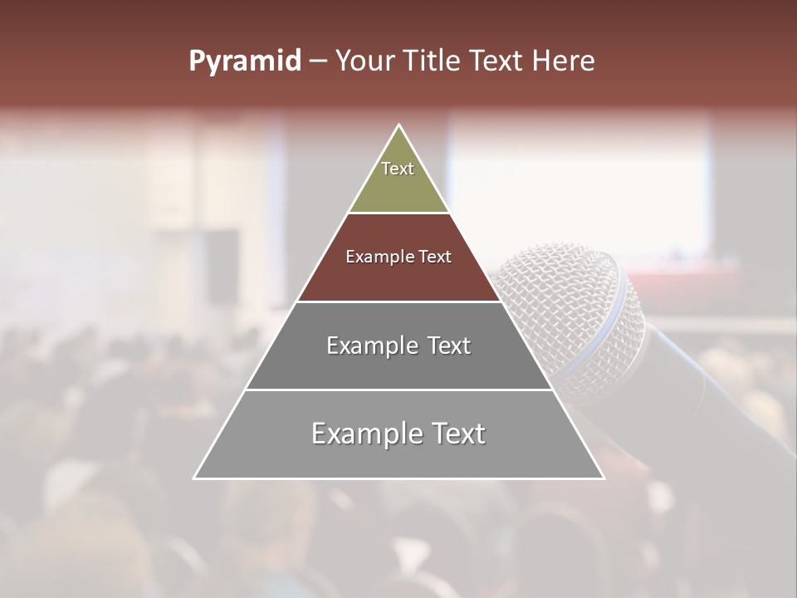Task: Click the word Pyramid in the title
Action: click(x=244, y=61)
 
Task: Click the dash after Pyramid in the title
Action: click(x=317, y=61)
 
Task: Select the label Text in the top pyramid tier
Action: click(x=398, y=169)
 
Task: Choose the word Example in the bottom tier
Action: click(x=366, y=434)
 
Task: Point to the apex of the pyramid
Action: click(x=399, y=126)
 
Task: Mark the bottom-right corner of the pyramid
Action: click(x=604, y=478)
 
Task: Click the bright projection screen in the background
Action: click(x=581, y=183)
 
